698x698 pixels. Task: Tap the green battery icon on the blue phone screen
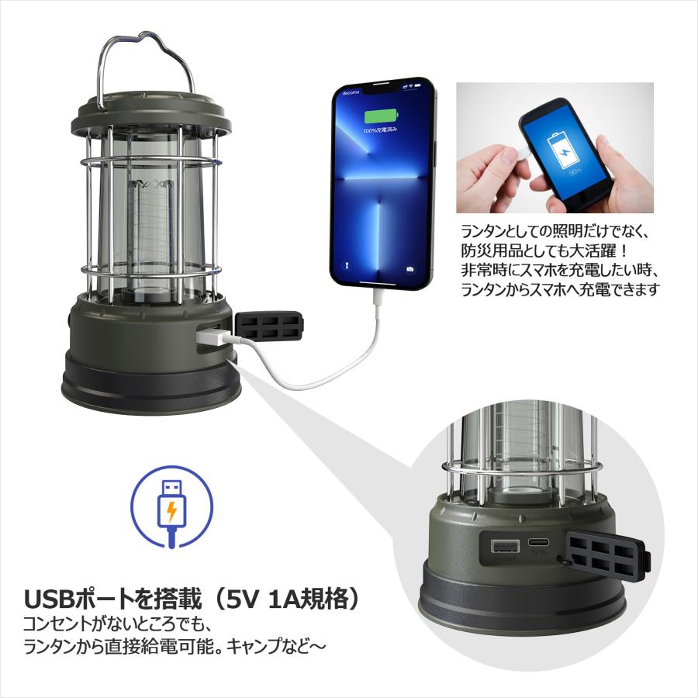[379, 117]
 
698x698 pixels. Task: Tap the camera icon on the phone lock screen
[409, 271]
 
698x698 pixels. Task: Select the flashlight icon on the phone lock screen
[347, 271]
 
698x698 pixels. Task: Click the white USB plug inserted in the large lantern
[211, 338]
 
